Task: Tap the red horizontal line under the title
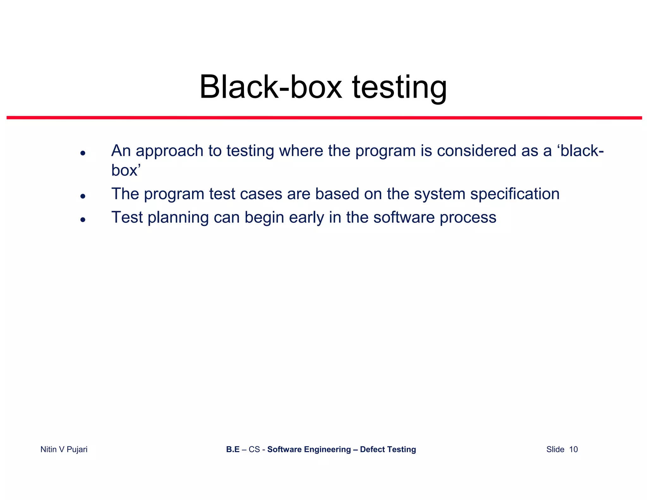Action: click(x=324, y=118)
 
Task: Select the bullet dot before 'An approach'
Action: click(x=83, y=153)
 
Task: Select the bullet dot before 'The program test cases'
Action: click(x=83, y=196)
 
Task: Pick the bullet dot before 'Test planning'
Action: click(x=83, y=220)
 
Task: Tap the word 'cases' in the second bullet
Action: click(x=261, y=194)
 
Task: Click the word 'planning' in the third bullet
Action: click(x=178, y=218)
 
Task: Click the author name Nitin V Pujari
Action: click(x=64, y=449)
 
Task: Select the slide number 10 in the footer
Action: click(x=573, y=449)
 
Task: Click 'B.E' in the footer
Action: click(x=233, y=449)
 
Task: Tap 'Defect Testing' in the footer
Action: click(x=388, y=449)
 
